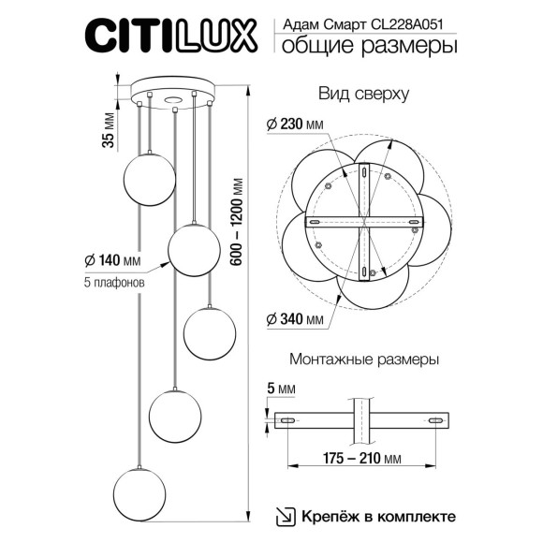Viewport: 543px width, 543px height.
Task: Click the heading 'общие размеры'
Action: (370, 47)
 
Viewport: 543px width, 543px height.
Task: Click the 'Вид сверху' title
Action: (360, 95)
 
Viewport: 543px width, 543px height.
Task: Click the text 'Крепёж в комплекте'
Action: (379, 516)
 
